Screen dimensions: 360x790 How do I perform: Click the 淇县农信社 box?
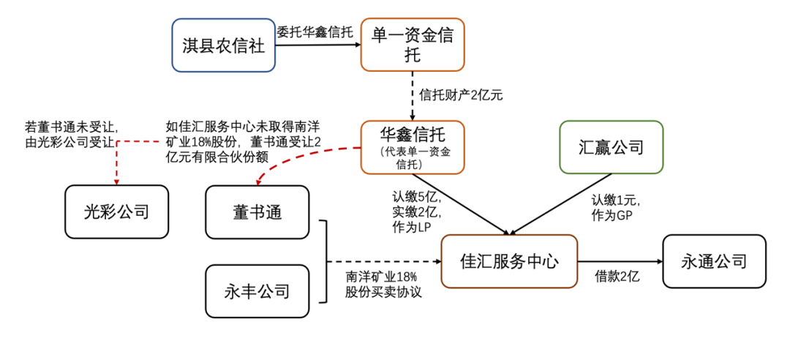point(224,45)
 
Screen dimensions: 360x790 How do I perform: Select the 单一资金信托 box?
point(413,45)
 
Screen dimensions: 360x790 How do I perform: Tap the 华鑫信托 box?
point(413,147)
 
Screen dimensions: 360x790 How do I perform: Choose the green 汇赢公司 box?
point(611,147)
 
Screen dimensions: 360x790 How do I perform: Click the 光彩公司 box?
point(116,211)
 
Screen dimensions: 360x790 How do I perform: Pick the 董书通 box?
point(257,211)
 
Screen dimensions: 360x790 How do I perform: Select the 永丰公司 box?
point(257,291)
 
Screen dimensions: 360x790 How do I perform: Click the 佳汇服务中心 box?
point(509,261)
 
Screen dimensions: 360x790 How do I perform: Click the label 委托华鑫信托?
point(315,32)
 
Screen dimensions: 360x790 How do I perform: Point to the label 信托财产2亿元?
point(461,94)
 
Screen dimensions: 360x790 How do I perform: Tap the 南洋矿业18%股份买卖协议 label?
point(381,285)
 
